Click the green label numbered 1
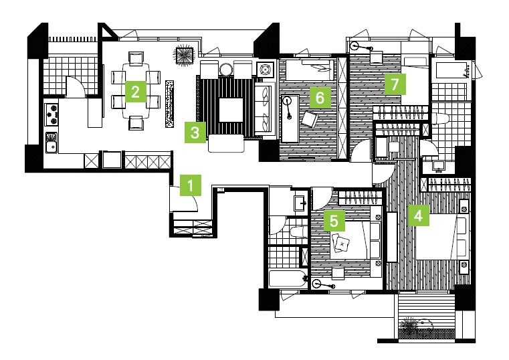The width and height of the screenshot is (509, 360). [x=191, y=185]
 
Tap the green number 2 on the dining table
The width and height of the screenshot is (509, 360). [x=136, y=92]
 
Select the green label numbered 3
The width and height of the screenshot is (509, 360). [x=195, y=132]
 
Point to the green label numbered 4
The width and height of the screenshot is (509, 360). [x=419, y=215]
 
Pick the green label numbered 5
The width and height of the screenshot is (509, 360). [x=334, y=220]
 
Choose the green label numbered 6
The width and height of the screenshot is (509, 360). [x=320, y=97]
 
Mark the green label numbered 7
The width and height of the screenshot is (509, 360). [x=395, y=84]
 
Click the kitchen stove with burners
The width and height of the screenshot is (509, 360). [x=52, y=114]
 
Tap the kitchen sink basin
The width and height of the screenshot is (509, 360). [x=52, y=142]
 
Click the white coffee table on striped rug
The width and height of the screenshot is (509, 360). [x=231, y=110]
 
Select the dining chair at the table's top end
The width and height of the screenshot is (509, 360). [x=136, y=58]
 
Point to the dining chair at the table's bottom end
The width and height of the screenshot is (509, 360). [x=136, y=123]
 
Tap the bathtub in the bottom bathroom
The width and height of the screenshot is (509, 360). [x=288, y=279]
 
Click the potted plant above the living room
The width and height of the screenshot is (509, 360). [x=185, y=56]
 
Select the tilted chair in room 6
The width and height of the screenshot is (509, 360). [x=310, y=119]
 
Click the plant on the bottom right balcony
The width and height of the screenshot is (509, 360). [x=409, y=325]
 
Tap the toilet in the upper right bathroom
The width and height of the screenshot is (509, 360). [x=441, y=118]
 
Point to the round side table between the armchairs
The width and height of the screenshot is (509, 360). [x=225, y=69]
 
